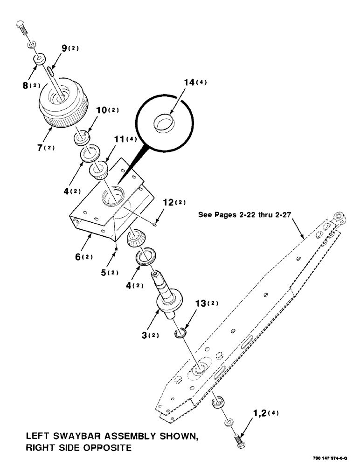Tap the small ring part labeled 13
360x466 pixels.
[x=180, y=333]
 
